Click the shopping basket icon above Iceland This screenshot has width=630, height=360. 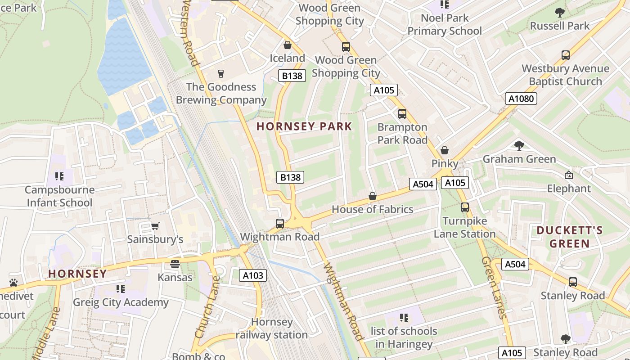(x=288, y=45)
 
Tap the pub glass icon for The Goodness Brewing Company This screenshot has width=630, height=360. (x=220, y=74)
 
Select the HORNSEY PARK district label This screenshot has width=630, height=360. (x=304, y=126)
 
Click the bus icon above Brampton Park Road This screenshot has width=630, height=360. (x=402, y=114)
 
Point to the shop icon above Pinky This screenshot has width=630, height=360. (x=445, y=150)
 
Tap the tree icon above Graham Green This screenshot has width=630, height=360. (x=519, y=145)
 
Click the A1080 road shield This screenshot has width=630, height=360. (x=521, y=99)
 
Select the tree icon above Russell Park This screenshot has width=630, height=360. (x=559, y=13)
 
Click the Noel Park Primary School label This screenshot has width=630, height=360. (x=444, y=25)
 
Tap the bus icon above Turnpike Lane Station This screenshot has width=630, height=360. (x=464, y=207)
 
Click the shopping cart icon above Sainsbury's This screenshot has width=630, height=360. (x=155, y=226)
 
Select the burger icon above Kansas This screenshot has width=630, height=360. (x=175, y=264)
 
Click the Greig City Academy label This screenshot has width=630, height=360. (x=121, y=302)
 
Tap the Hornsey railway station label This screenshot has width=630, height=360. (x=272, y=328)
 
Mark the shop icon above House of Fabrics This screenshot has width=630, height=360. (x=372, y=196)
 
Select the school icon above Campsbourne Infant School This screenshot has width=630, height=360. (x=59, y=176)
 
